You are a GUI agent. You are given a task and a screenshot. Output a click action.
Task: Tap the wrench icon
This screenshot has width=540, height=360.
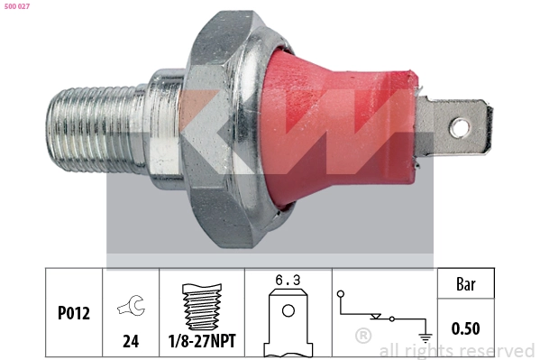(129, 307)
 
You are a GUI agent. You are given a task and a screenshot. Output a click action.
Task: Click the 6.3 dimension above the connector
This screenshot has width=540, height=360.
(288, 282)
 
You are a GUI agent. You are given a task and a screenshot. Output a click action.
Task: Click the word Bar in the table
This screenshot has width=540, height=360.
(465, 284)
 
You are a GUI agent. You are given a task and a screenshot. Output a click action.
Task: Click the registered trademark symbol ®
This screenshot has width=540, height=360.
(362, 336)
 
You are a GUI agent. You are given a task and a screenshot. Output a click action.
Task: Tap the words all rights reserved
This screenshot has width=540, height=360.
(456, 350)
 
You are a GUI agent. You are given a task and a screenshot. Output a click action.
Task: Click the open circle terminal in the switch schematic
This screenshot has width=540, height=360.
(342, 295)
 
